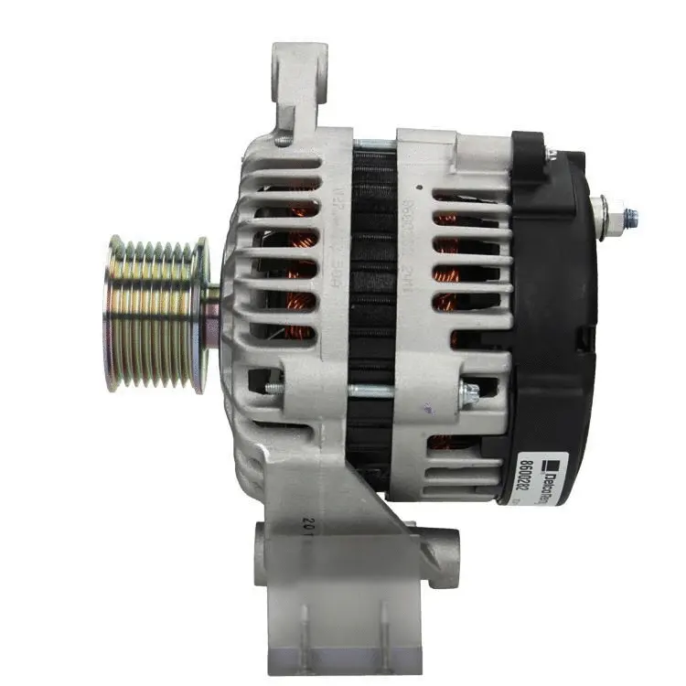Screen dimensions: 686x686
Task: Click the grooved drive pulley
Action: point(155,314)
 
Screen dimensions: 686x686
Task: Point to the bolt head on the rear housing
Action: point(469,394)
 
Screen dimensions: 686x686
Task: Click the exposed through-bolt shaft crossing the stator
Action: point(370,391)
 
